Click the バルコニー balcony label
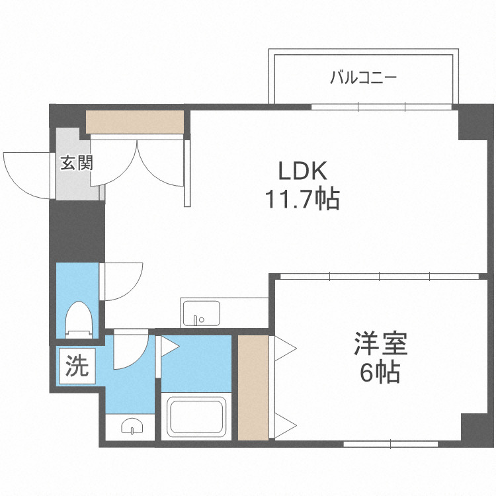point(363,78)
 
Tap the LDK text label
point(302,171)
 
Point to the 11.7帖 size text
point(302,198)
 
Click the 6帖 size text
point(380,374)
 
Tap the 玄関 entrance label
point(76,163)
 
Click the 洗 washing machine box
point(75,367)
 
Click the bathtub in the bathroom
point(196,416)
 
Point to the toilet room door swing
point(123,281)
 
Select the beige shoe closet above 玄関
point(134,122)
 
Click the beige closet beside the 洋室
point(253,388)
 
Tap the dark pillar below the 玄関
point(77,231)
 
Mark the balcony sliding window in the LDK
point(382,106)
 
